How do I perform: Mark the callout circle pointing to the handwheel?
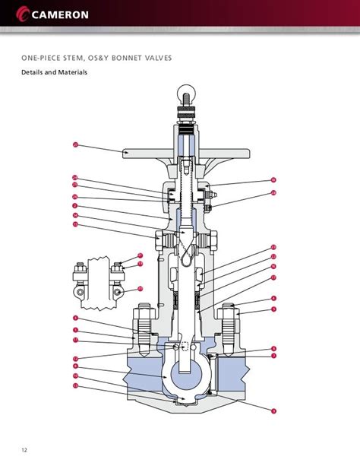[76, 144]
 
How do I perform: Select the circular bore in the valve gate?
[185, 377]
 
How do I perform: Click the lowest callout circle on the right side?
[273, 411]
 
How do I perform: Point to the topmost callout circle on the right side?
[273, 180]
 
